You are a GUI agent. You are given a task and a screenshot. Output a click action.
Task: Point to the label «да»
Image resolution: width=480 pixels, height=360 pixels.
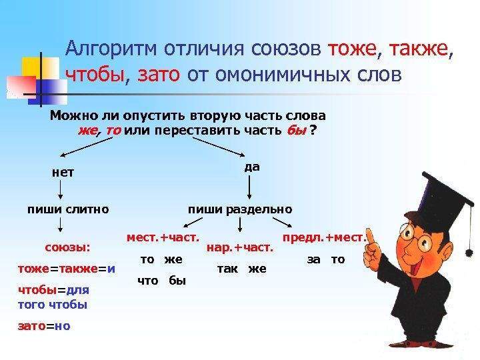coord(251,166)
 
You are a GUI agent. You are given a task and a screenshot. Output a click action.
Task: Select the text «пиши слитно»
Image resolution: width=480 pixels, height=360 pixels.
coord(67,209)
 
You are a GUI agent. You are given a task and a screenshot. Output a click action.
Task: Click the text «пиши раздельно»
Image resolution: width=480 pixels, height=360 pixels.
coord(240,209)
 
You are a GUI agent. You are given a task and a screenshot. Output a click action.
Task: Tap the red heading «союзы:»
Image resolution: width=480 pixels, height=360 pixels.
coord(67,247)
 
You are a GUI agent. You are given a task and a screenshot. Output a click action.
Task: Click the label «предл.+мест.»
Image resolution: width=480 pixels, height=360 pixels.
coord(326,237)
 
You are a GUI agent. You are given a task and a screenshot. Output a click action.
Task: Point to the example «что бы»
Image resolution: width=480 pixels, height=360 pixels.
coord(161,281)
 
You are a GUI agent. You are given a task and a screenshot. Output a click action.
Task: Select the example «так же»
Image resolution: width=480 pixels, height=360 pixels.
coord(242,269)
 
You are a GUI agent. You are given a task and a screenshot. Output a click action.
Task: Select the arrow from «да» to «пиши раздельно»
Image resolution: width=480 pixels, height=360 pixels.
coord(249,189)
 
